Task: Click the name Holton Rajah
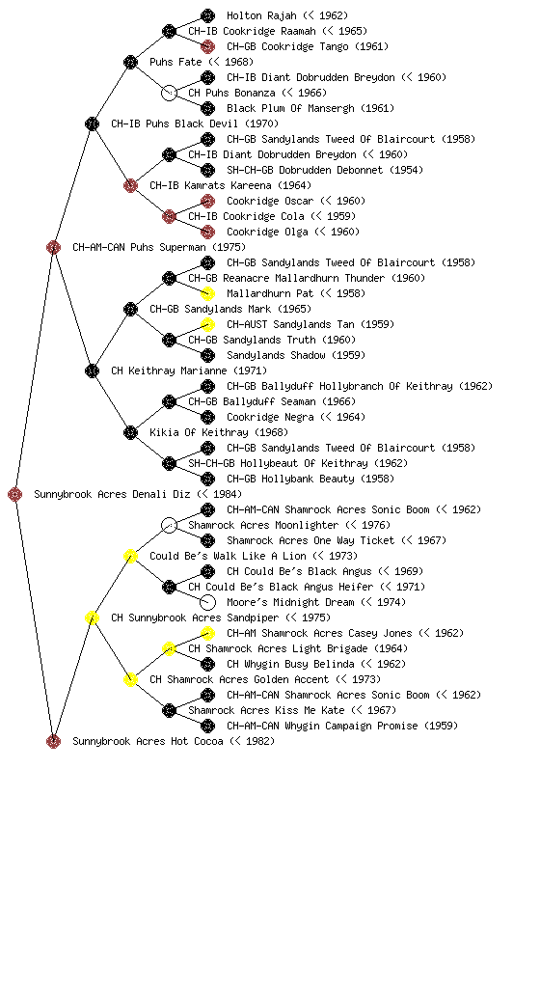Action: pos(261,15)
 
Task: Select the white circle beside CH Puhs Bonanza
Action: pos(169,93)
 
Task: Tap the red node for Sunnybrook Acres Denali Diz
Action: pos(15,495)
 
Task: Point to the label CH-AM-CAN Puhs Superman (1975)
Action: pos(159,247)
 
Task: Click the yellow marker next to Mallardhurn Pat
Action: pos(207,293)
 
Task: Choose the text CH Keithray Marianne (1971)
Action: pos(189,370)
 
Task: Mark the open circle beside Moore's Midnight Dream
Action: pos(207,602)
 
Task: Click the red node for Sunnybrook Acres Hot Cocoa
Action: pos(53,742)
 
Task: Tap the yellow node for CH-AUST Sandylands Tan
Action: pos(207,324)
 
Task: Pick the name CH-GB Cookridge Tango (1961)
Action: pos(308,46)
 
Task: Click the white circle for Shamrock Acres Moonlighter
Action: pos(169,525)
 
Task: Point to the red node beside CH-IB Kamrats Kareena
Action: pos(130,185)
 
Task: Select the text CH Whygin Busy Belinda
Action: pos(298,664)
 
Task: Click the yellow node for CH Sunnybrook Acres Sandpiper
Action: pos(92,618)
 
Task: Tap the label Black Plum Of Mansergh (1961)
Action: pos(310,108)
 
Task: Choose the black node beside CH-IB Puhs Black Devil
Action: pos(92,123)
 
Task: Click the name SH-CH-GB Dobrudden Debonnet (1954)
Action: pos(325,170)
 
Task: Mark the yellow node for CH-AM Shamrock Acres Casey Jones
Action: pos(207,633)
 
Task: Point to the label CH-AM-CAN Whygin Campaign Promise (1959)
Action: pos(342,726)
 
